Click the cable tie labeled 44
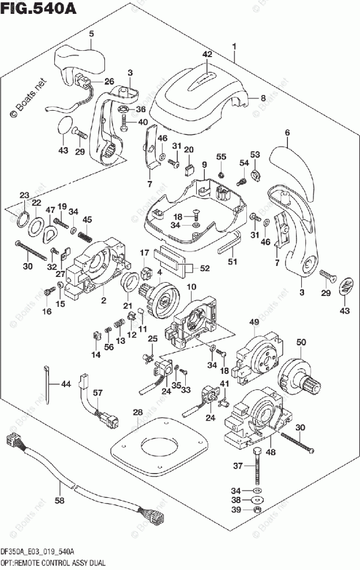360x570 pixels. tap(47, 384)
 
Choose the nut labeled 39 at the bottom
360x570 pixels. tap(257, 510)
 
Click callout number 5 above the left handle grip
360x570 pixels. tap(90, 34)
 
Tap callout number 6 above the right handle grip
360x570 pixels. tap(287, 133)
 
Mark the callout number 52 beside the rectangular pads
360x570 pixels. tap(205, 267)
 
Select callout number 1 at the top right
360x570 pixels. tap(235, 46)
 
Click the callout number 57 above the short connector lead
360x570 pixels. tap(98, 394)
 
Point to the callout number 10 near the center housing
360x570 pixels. tap(191, 287)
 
